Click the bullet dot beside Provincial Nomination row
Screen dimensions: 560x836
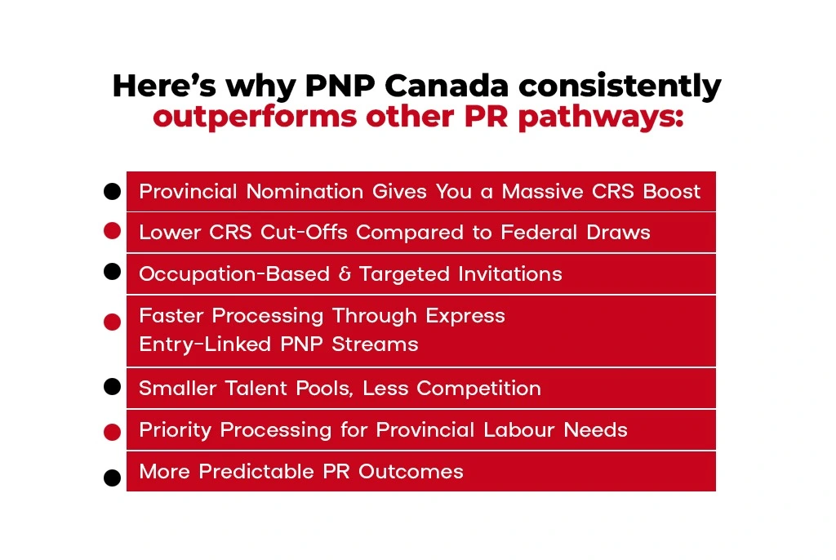point(113,192)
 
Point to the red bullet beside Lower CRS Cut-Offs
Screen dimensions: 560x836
point(113,231)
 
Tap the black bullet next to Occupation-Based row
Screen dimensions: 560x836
point(113,272)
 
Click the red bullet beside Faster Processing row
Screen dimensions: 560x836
point(113,322)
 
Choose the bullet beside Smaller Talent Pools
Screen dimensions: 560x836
point(113,386)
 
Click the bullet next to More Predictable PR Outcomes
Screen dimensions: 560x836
point(113,478)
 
